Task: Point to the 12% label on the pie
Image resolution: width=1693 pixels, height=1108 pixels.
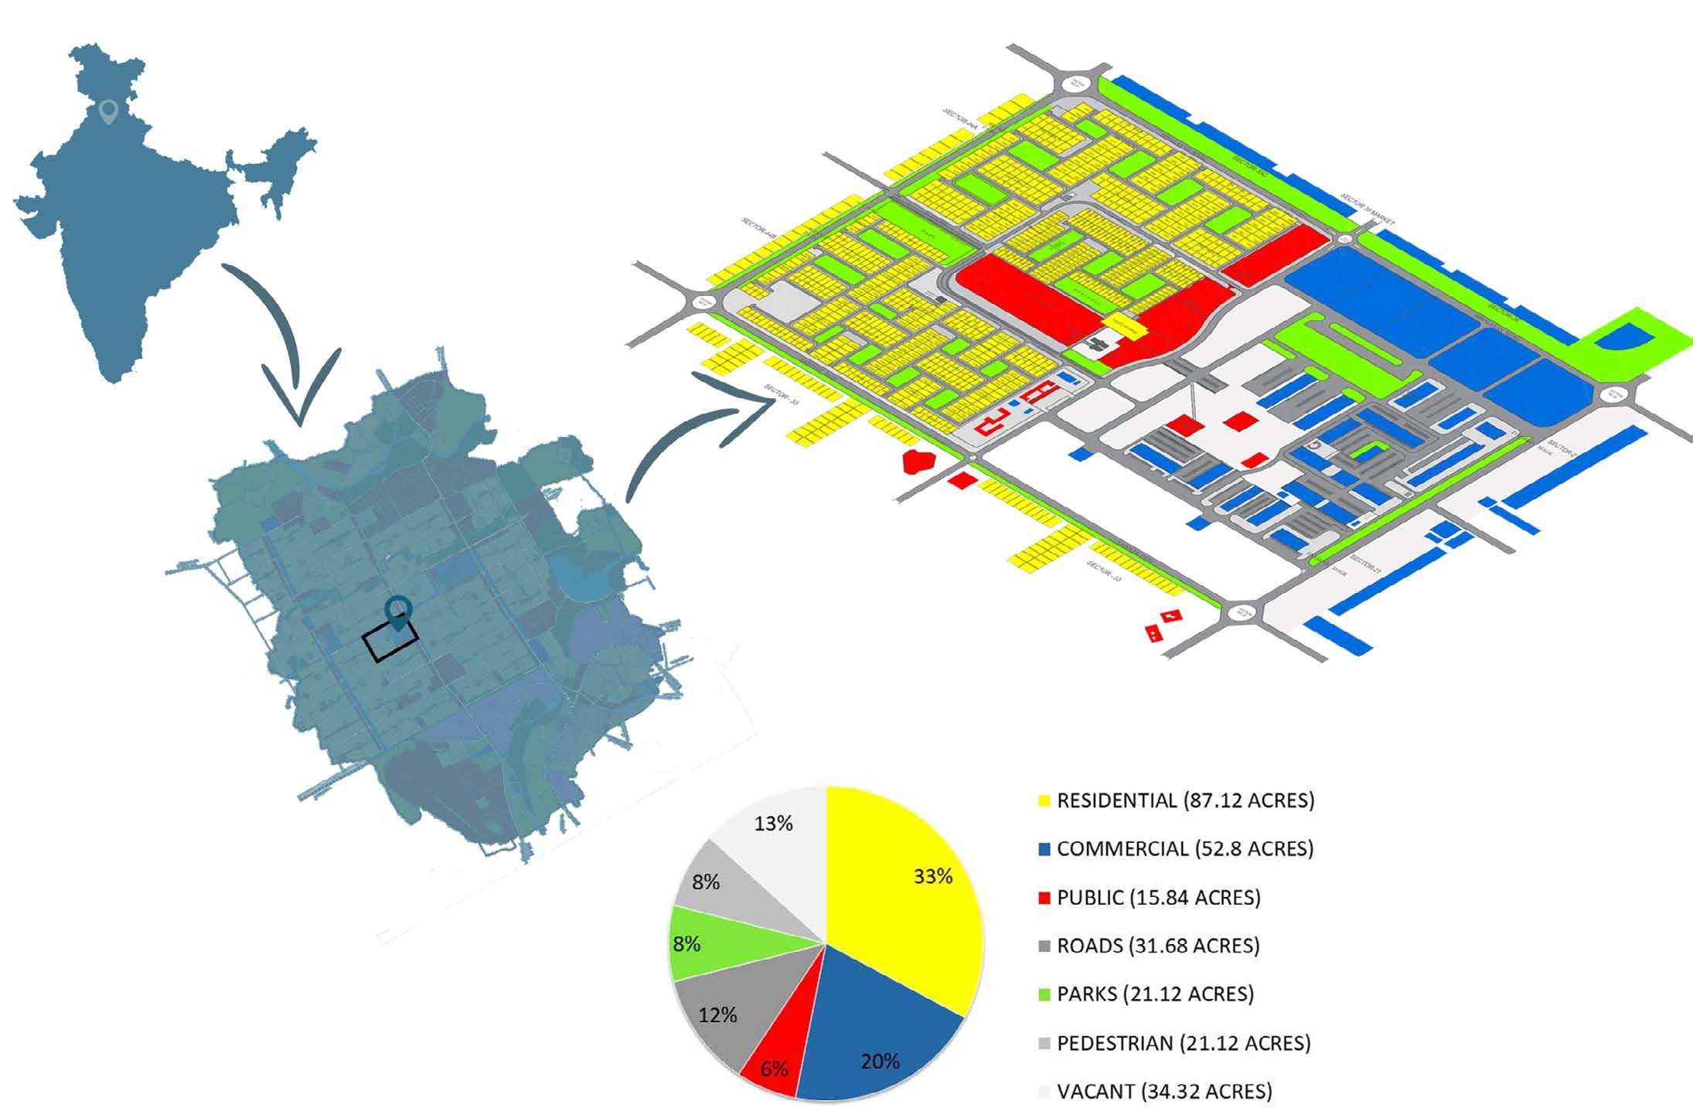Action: [717, 1014]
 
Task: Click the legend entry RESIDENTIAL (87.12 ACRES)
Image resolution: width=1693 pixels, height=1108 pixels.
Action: [1184, 800]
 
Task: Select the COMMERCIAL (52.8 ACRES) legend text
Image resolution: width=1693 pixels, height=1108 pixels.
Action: [1184, 848]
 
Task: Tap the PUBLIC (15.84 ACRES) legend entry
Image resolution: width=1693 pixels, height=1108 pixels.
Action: [1158, 897]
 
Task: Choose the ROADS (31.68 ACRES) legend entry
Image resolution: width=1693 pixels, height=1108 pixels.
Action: [1157, 945]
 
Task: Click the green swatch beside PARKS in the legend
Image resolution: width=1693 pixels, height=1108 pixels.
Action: [1044, 994]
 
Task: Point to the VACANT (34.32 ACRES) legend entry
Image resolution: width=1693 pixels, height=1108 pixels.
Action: [1163, 1091]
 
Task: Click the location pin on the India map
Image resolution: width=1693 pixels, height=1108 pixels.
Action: [109, 113]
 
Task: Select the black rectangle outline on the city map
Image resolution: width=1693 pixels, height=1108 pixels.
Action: [390, 642]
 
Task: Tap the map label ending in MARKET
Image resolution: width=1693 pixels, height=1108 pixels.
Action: [1368, 210]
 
